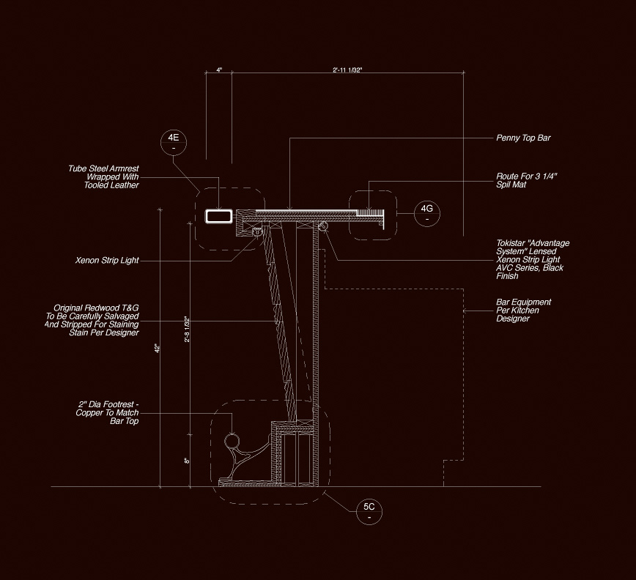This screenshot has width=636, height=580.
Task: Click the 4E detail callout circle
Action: coord(173,141)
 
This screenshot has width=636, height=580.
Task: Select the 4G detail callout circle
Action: coord(427,212)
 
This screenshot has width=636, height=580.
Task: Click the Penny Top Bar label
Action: coord(523,138)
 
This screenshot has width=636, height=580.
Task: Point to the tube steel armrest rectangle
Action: coord(218,216)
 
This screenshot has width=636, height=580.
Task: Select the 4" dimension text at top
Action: coord(218,70)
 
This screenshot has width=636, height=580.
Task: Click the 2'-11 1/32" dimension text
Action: coord(347,70)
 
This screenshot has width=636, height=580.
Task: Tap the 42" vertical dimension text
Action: coord(157,349)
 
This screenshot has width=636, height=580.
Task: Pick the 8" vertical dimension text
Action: coord(187,461)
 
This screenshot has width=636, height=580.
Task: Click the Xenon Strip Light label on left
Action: coord(107,261)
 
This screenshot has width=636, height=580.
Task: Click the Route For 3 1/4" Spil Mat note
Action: coord(522,181)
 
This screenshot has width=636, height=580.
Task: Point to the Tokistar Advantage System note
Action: coord(532,259)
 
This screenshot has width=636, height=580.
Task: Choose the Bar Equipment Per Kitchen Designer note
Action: coord(523,311)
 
